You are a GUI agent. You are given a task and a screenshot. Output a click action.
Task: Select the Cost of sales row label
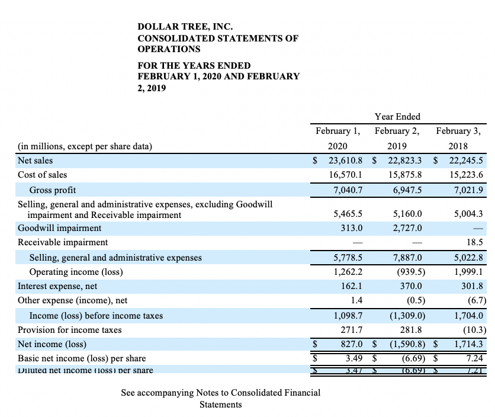(x=43, y=175)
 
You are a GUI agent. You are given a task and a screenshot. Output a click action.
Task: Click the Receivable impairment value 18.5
(x=475, y=242)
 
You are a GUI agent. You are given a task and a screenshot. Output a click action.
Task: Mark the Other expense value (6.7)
(x=476, y=300)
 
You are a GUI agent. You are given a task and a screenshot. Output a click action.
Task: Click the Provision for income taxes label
(x=69, y=330)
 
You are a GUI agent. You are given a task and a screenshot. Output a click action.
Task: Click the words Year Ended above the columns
(x=397, y=117)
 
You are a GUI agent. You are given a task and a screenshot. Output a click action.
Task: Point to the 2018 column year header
(x=457, y=146)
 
